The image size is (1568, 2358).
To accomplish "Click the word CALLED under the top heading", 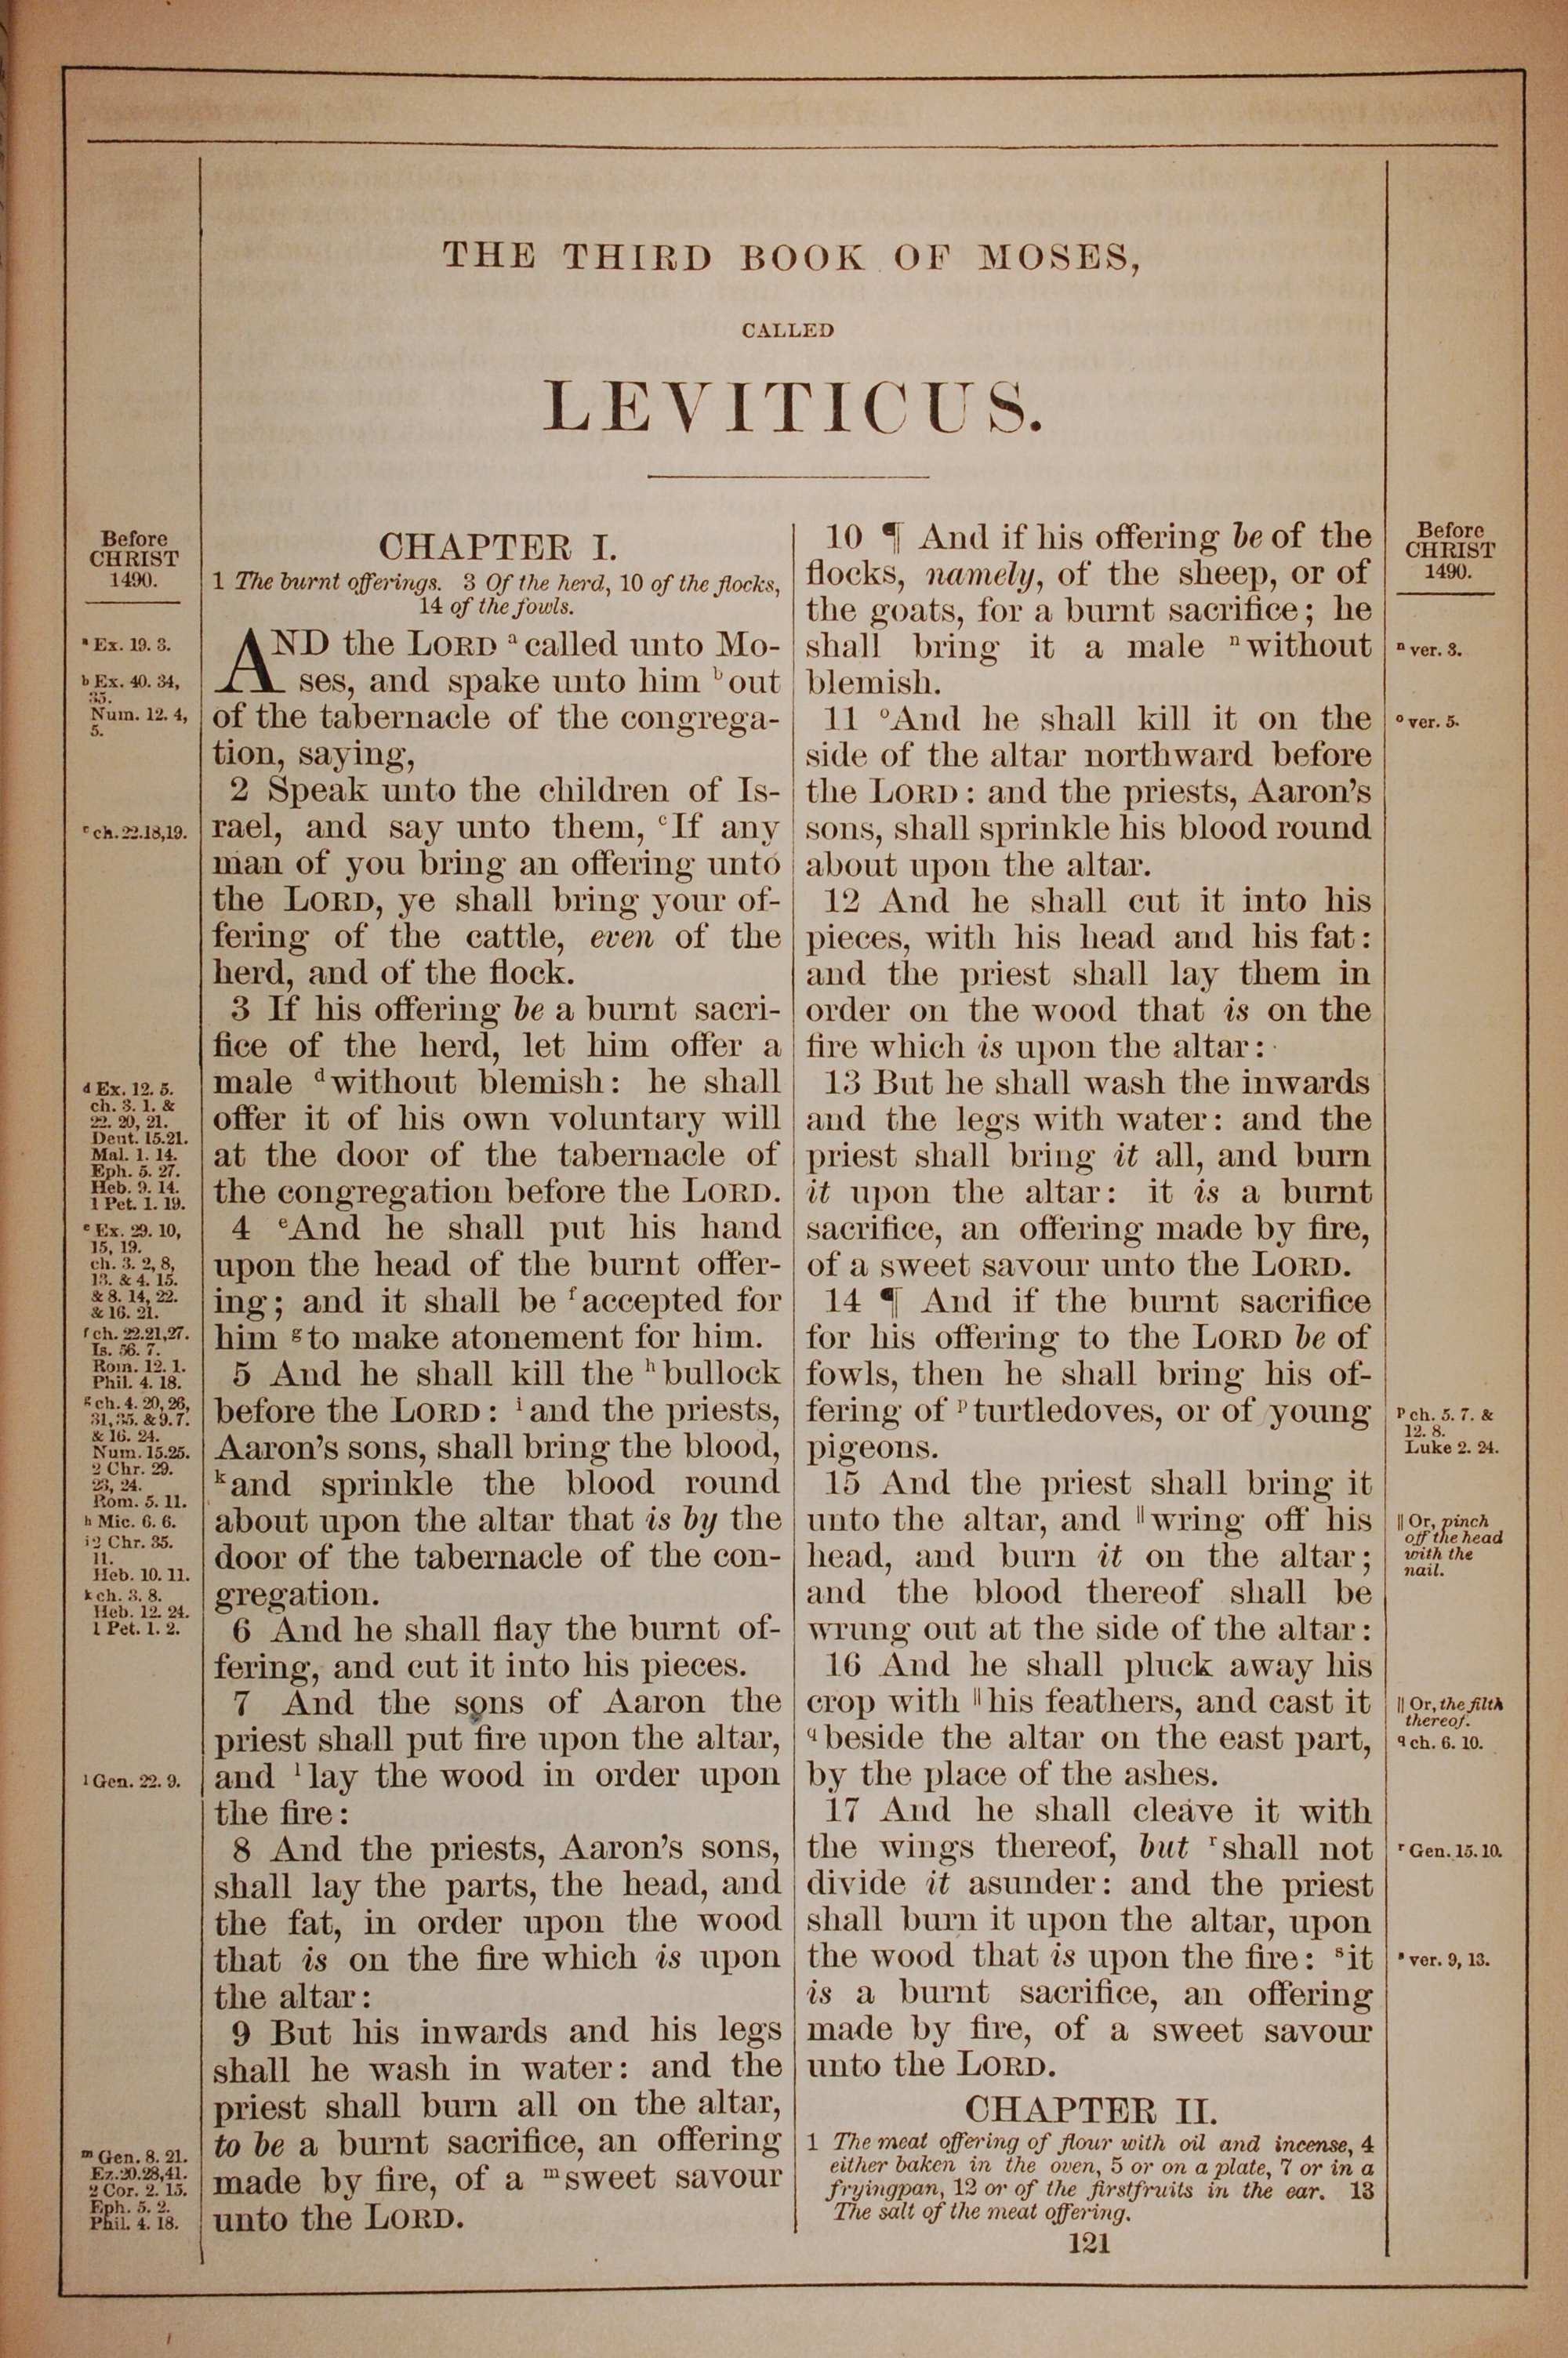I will tap(788, 330).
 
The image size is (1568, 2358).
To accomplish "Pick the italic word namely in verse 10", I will tap(972, 574).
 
